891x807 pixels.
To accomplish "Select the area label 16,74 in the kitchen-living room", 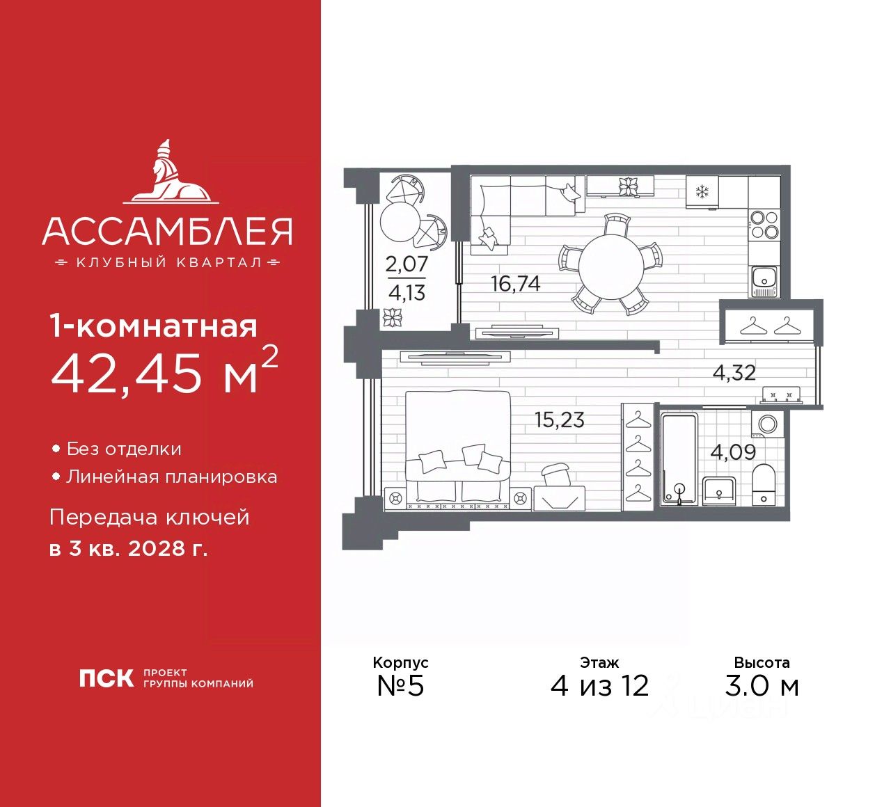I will coord(515,284).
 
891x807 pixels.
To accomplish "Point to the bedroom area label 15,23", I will coord(559,420).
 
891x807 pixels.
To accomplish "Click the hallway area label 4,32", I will coord(734,373).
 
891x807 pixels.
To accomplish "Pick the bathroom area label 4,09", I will coord(732,452).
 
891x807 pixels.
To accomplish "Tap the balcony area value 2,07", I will coord(407,264).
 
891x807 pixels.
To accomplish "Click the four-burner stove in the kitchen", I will coord(764,224).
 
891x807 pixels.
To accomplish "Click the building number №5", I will coord(400,686).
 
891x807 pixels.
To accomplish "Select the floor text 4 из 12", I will coord(599,686).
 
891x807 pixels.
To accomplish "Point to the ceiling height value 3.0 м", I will coord(762,686).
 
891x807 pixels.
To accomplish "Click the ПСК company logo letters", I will coord(106,678).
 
